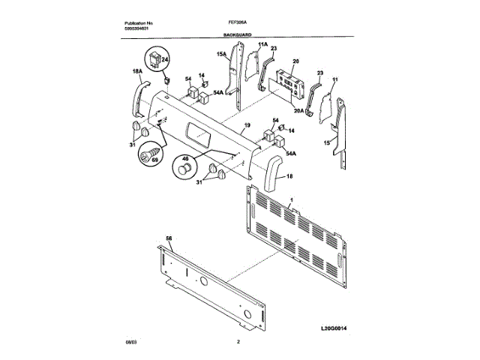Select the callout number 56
169,238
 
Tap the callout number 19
246,126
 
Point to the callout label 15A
222,55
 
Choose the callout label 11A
262,46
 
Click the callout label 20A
298,111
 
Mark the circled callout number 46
183,159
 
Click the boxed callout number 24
166,58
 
